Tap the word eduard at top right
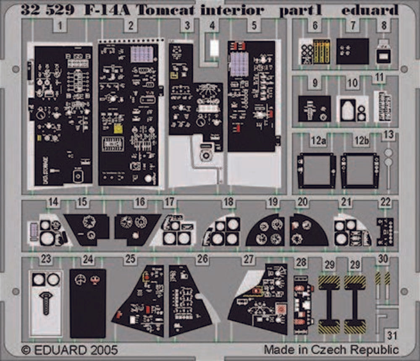369,10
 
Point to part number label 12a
318,141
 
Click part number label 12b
361,141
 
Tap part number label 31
392,336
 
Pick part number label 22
385,202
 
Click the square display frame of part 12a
316,170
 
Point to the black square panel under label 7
352,51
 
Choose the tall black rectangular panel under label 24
87,303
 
